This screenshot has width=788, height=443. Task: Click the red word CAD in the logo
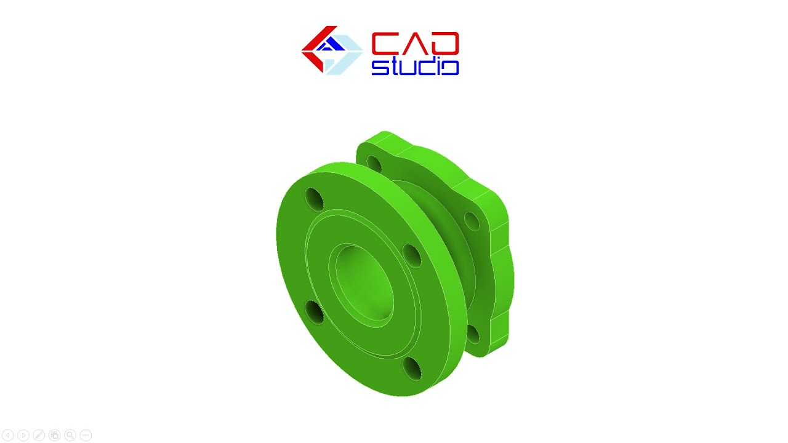pos(415,43)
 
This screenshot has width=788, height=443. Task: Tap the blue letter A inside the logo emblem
pos(331,45)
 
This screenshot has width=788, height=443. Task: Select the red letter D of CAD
pos(444,43)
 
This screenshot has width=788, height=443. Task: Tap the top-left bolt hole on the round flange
pos(314,199)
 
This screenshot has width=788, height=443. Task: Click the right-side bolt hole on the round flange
pos(412,255)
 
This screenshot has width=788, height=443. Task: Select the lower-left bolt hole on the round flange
pos(314,312)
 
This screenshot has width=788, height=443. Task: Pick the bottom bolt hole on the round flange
pos(412,369)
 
